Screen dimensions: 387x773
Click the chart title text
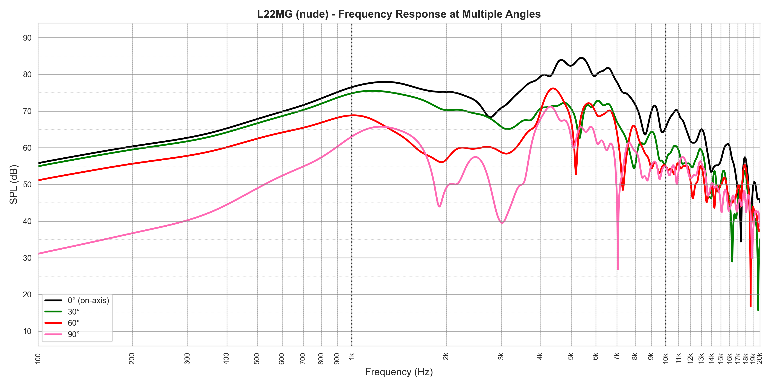point(399,14)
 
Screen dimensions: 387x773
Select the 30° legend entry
point(73,312)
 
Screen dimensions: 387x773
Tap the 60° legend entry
point(73,323)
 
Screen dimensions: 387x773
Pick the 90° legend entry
point(73,334)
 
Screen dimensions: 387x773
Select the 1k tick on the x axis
point(352,356)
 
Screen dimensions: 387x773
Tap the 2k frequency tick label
point(446,356)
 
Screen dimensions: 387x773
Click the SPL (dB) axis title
point(14,184)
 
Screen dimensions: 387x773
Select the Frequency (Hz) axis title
point(399,372)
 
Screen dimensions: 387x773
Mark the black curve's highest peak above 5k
point(581,58)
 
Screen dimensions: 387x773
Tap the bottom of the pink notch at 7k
point(618,269)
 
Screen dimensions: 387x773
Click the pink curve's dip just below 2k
point(439,206)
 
